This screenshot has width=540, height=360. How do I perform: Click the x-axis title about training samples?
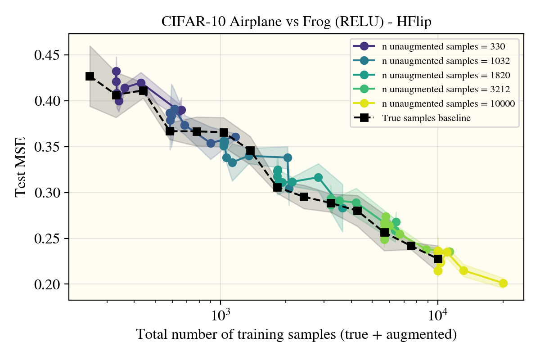[x=297, y=335]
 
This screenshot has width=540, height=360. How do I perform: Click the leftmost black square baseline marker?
[x=90, y=76]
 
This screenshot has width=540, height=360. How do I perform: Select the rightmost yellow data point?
[x=503, y=283]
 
